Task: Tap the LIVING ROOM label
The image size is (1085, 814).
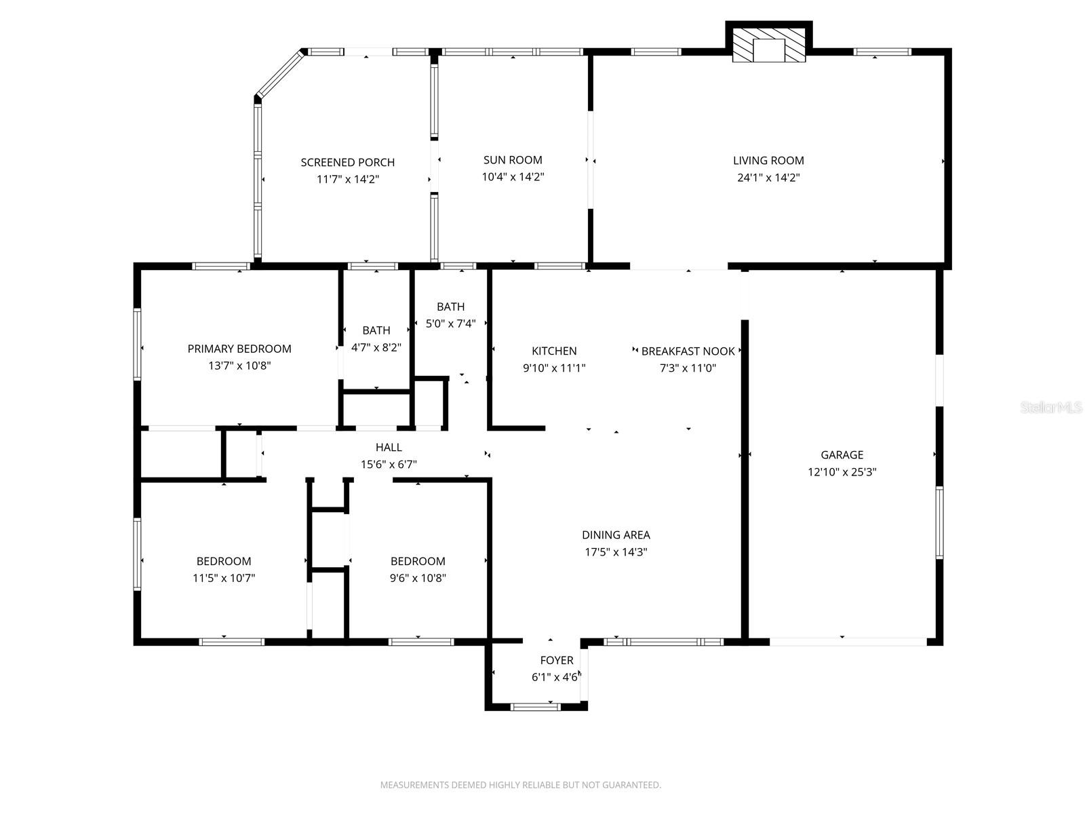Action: click(768, 161)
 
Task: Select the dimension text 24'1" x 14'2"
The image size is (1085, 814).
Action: click(768, 178)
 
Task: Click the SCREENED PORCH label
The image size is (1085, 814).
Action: click(347, 162)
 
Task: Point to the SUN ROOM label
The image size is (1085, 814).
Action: click(513, 160)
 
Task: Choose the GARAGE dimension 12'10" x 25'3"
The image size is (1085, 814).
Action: click(842, 472)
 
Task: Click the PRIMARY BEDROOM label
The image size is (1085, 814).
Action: click(239, 349)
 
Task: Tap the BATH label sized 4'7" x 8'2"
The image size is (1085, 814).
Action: click(376, 330)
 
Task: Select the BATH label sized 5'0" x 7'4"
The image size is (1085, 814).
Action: click(450, 307)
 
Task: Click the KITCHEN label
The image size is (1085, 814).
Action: click(554, 351)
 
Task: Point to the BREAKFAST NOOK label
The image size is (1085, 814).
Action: click(688, 351)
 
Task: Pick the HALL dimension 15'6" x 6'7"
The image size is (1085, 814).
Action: click(389, 465)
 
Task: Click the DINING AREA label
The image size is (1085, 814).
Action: click(616, 535)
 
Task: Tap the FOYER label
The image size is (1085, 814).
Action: click(556, 660)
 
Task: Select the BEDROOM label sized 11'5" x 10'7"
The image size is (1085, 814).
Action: click(224, 561)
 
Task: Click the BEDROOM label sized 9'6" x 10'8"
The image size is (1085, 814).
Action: click(418, 561)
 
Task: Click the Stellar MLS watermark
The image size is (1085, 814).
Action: click(1051, 408)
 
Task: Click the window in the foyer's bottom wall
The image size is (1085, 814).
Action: click(535, 707)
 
